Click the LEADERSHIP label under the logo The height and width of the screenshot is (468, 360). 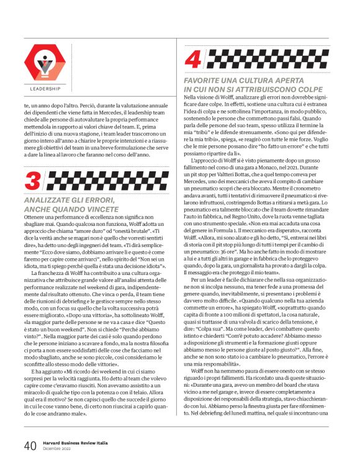tap(45, 89)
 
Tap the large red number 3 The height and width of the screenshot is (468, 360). tap(32, 181)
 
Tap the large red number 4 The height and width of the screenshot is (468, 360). tap(193, 60)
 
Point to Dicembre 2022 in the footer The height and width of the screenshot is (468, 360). tap(58, 449)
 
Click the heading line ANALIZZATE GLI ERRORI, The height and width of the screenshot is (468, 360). tap(69, 200)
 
